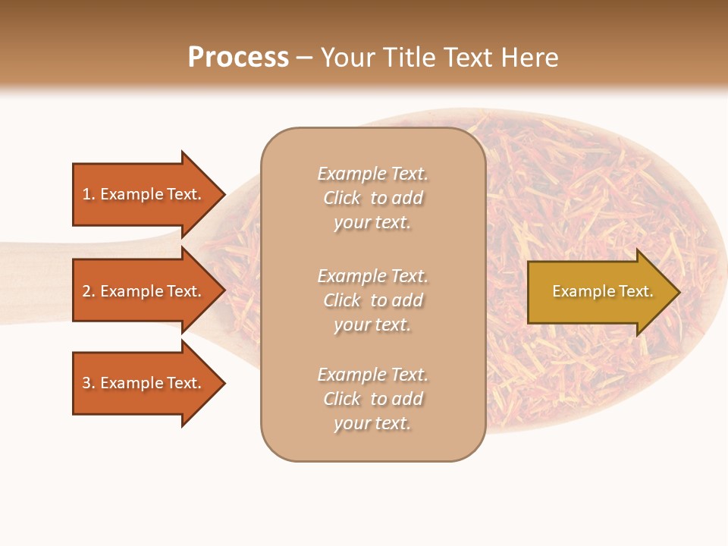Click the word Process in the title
[238, 58]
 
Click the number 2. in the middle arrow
[88, 291]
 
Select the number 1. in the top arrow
[88, 194]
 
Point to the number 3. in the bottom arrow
[88, 383]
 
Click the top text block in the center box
[372, 198]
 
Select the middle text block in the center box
[372, 300]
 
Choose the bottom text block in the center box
[372, 399]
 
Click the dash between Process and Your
[304, 58]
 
